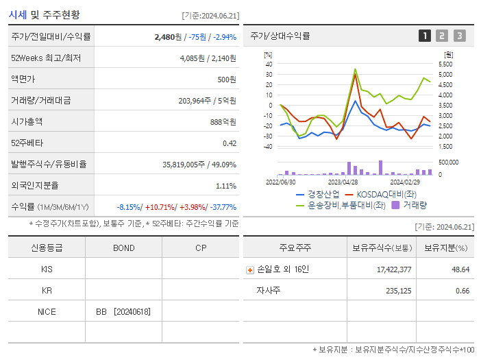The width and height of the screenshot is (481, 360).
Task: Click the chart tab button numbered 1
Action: point(425,36)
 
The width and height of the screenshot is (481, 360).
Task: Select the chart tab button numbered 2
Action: point(442,36)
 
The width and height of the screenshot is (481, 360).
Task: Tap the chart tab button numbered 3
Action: point(459,36)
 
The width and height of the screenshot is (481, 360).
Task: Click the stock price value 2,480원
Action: point(169,36)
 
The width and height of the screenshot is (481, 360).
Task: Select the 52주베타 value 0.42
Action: point(230,143)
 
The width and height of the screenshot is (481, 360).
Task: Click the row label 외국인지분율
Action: point(35,185)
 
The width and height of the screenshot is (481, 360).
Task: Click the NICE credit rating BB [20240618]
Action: point(123,312)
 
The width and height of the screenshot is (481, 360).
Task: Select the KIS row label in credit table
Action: point(47,269)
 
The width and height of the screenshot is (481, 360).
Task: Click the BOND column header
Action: point(123,248)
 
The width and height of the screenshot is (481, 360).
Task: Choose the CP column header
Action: point(201,248)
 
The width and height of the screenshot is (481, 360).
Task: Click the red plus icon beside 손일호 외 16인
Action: point(250,269)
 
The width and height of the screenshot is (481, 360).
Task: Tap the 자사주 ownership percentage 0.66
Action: point(462,291)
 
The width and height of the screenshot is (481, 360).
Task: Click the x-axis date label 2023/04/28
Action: point(343,182)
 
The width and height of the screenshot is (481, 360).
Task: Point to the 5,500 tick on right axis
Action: point(445,64)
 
